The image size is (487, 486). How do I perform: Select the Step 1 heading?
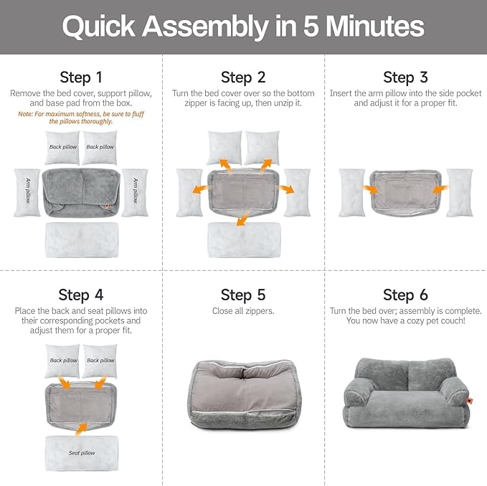tap(80, 77)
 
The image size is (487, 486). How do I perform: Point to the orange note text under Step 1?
tap(80, 117)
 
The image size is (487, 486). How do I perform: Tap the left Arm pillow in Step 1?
tap(27, 192)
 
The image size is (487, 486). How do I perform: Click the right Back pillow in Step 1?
tap(100, 148)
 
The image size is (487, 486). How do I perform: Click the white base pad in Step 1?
tap(80, 239)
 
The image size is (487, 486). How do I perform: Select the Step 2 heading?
tap(243, 77)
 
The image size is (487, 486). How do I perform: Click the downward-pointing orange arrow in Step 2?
tap(242, 217)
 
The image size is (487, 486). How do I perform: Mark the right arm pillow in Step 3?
tap(459, 192)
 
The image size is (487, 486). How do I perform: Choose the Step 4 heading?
tap(80, 295)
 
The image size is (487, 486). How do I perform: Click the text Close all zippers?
tap(243, 311)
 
